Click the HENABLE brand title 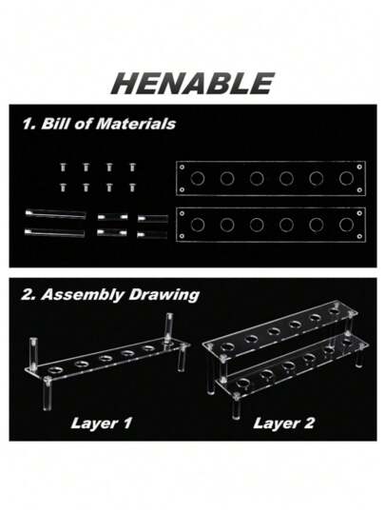(x=192, y=84)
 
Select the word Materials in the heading (x=136, y=124)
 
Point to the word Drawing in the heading (x=164, y=295)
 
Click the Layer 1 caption (x=102, y=423)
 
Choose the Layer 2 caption (x=283, y=423)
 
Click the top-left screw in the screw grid (x=63, y=168)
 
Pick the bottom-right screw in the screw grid (x=132, y=187)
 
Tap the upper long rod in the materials (x=55, y=214)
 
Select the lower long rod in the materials (x=55, y=232)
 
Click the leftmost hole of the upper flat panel (x=198, y=179)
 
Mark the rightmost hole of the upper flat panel (x=346, y=179)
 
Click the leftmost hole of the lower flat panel (x=198, y=225)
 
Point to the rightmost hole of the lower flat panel (x=346, y=225)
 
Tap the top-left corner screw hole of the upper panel (x=182, y=168)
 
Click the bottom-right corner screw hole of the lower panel (x=359, y=236)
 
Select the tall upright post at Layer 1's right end (x=169, y=327)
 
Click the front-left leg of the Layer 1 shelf (x=48, y=394)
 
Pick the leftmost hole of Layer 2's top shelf (x=226, y=345)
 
